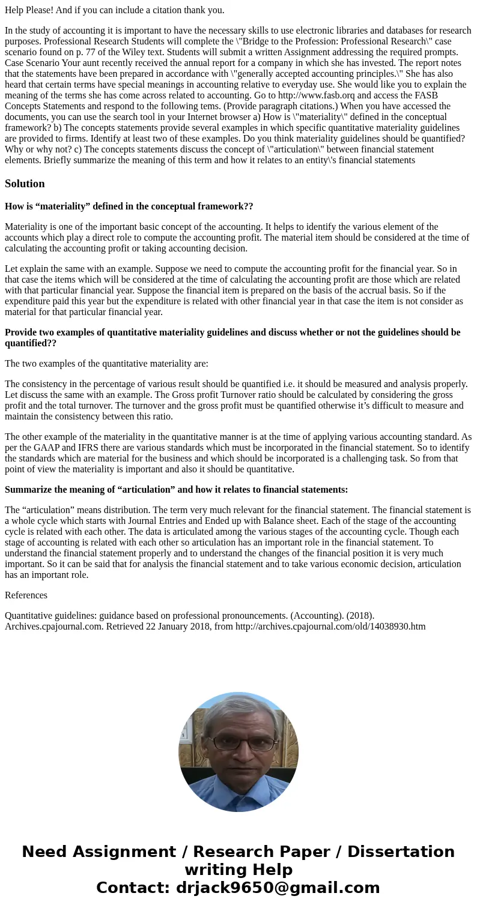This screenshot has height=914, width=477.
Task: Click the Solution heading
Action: click(x=25, y=184)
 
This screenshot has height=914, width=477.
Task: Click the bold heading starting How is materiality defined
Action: click(x=129, y=206)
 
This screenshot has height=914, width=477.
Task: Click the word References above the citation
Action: click(x=26, y=595)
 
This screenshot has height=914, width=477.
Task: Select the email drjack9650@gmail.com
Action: click(x=278, y=888)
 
